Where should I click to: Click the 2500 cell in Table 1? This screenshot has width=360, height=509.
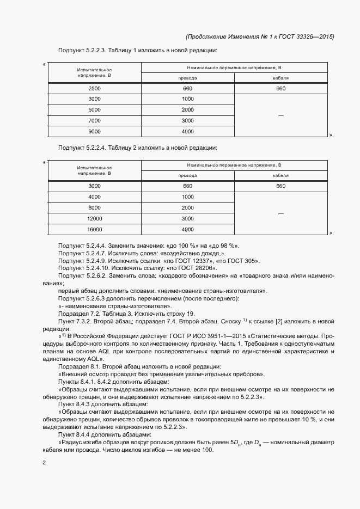pos(94,88)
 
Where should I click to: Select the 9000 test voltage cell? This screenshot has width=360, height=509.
pos(94,131)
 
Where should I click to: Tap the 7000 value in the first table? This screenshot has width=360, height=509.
pos(94,120)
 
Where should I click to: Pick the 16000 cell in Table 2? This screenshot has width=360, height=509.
pos(94,229)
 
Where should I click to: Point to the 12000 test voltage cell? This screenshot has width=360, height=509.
pos(94,218)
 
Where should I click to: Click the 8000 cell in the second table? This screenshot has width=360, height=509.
pos(94,207)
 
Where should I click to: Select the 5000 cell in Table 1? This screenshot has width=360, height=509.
pos(94,109)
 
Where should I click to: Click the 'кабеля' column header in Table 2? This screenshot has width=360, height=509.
pos(280,176)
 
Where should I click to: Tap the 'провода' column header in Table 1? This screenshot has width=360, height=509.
pos(188,78)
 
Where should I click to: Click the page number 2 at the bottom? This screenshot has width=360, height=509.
pos(44,463)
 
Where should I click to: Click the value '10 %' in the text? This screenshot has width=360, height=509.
pos(286,420)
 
